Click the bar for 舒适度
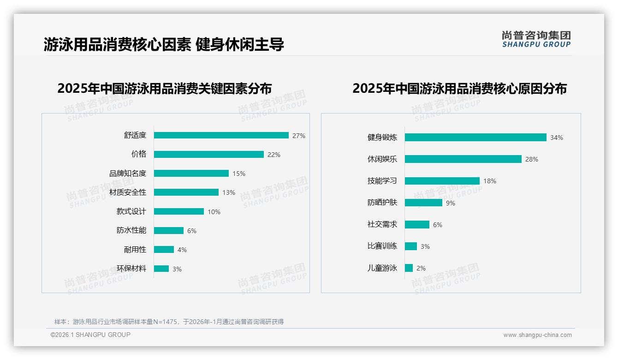221,135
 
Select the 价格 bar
209,155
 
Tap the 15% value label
239,174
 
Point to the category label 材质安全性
128,192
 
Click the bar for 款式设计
179,211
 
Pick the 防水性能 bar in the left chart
169,230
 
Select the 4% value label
182,250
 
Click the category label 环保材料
131,269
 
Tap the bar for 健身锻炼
475,137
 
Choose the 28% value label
532,159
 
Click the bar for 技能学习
442,181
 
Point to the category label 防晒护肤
382,203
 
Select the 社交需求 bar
417,224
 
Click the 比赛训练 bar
411,246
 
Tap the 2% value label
421,268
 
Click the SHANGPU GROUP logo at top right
536,39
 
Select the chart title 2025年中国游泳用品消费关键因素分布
165,88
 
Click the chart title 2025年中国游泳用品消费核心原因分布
460,88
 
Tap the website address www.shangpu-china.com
537,335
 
